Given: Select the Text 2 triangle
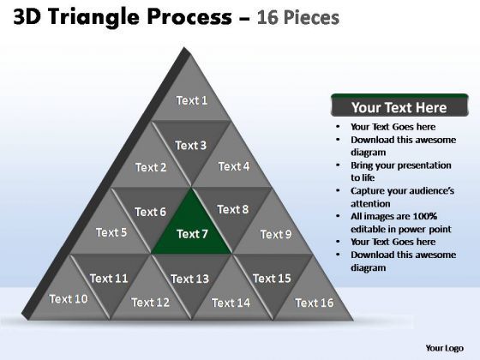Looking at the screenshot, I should pyautogui.click(x=152, y=165).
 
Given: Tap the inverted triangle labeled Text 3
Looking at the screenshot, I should pyautogui.click(x=191, y=143).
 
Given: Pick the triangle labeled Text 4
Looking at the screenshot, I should pyautogui.click(x=233, y=165).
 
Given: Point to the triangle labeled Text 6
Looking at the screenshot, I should pyautogui.click(x=151, y=210).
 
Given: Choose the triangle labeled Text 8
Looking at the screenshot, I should pyautogui.click(x=232, y=210).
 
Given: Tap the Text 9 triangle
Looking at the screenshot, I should pyautogui.click(x=274, y=232).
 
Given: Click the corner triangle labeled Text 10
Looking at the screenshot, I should pyautogui.click(x=69, y=298).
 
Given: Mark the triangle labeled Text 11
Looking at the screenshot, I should pyautogui.click(x=110, y=276).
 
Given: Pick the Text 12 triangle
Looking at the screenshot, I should pyautogui.click(x=151, y=300).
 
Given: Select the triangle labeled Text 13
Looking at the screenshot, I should pyautogui.click(x=191, y=277).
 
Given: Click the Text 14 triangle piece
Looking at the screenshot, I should pyautogui.click(x=231, y=300).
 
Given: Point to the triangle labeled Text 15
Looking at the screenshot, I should pyautogui.click(x=273, y=276).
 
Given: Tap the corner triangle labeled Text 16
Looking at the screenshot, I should pyautogui.click(x=314, y=300).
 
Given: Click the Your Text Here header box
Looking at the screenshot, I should pyautogui.click(x=399, y=108).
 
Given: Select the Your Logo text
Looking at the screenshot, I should pyautogui.click(x=446, y=347).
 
